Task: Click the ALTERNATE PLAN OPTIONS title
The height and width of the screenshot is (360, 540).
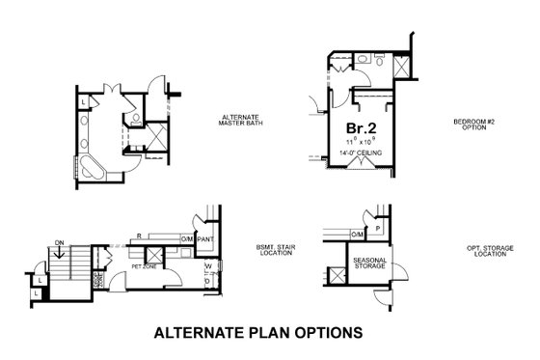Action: coord(257,333)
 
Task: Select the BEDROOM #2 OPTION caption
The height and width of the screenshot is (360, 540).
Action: coord(473,125)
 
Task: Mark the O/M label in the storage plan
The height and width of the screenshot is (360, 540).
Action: coord(357,234)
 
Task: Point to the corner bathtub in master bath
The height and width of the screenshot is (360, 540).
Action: coord(92,169)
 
